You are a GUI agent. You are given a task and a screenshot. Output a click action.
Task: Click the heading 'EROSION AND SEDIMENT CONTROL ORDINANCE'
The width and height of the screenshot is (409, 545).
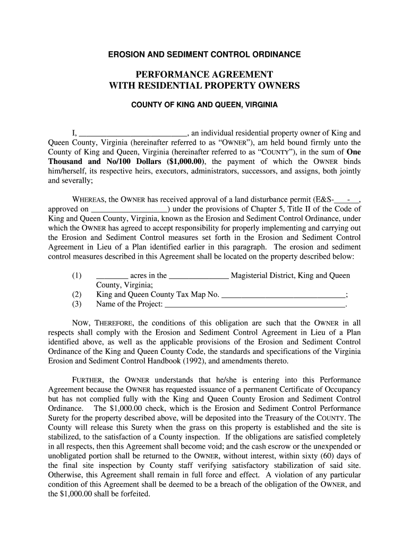coord(204,54)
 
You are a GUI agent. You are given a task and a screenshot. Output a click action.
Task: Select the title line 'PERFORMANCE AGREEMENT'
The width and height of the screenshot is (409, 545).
coord(204,74)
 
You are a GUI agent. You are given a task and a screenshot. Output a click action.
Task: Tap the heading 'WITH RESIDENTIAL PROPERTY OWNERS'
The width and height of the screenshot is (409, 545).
coord(204,85)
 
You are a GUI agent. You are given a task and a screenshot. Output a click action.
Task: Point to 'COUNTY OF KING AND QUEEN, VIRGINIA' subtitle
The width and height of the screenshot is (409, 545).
coord(204,105)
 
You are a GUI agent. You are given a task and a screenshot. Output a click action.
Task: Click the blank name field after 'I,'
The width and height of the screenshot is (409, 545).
coord(133,133)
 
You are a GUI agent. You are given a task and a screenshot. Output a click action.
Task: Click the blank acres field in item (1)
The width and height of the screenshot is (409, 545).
coord(112,276)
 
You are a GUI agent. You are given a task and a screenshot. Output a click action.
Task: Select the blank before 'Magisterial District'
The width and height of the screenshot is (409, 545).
coord(199,276)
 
